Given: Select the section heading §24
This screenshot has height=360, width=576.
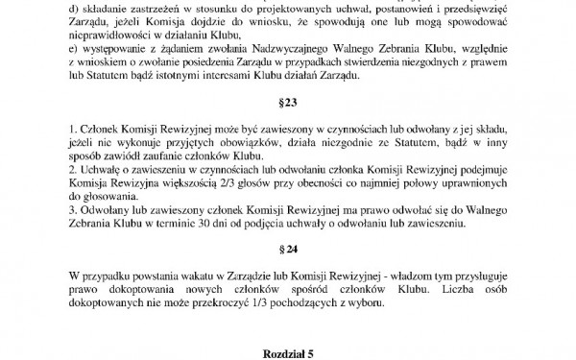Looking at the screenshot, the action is pos(289,258).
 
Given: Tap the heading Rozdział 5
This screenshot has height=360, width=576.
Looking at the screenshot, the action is pos(289,354).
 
